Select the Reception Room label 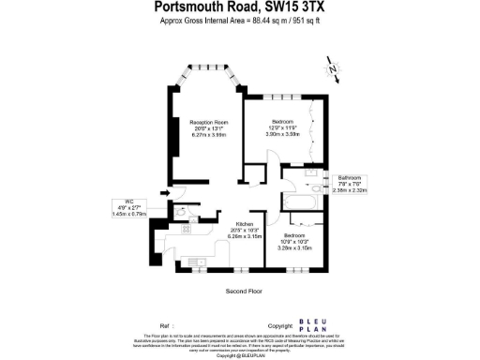(x=210, y=123)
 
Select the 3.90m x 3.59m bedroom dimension (x=282, y=134)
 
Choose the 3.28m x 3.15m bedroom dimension (x=297, y=247)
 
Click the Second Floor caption (x=241, y=292)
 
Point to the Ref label (x=167, y=323)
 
